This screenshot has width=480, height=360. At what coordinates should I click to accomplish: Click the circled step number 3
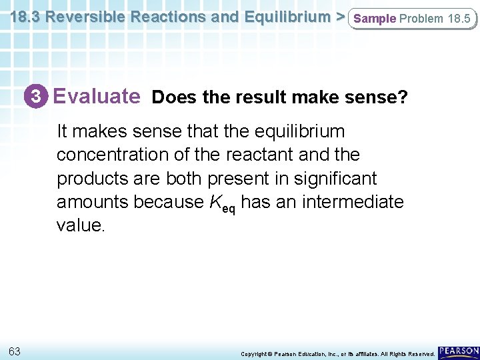(40, 97)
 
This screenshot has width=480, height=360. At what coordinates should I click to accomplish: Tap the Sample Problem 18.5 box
(412, 19)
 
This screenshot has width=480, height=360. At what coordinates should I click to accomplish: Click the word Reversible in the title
(91, 17)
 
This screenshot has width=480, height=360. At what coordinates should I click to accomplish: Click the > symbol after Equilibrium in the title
(340, 17)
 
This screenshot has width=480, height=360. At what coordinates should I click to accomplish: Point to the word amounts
(93, 202)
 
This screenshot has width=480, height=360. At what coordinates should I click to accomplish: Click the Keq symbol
(223, 203)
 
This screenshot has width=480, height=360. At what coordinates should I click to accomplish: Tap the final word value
(81, 226)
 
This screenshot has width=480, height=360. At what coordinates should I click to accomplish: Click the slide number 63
(15, 351)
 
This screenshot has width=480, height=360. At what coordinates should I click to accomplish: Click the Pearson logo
(459, 351)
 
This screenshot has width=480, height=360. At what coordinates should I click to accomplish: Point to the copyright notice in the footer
(337, 353)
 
